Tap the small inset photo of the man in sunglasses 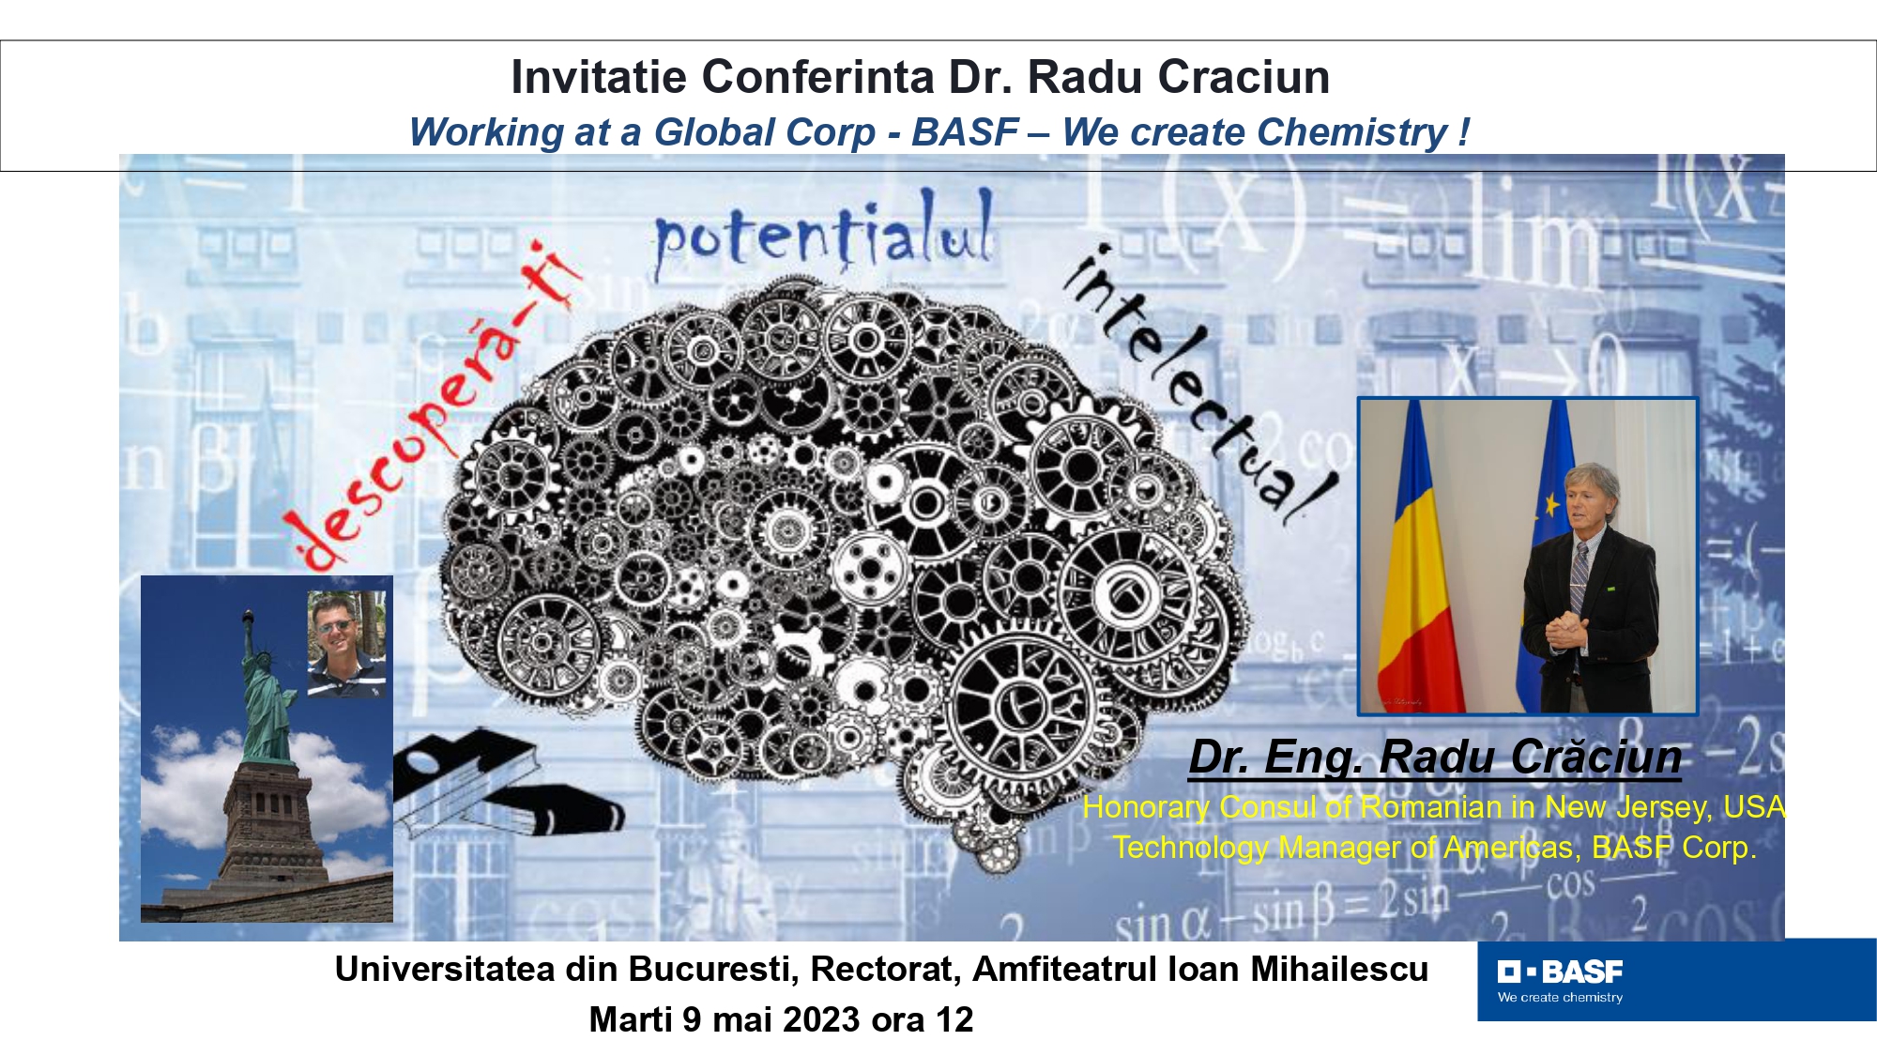coord(346,644)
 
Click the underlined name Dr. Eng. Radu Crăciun coord(1435,757)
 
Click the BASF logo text coord(1581,972)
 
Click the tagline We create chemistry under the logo coord(1560,997)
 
